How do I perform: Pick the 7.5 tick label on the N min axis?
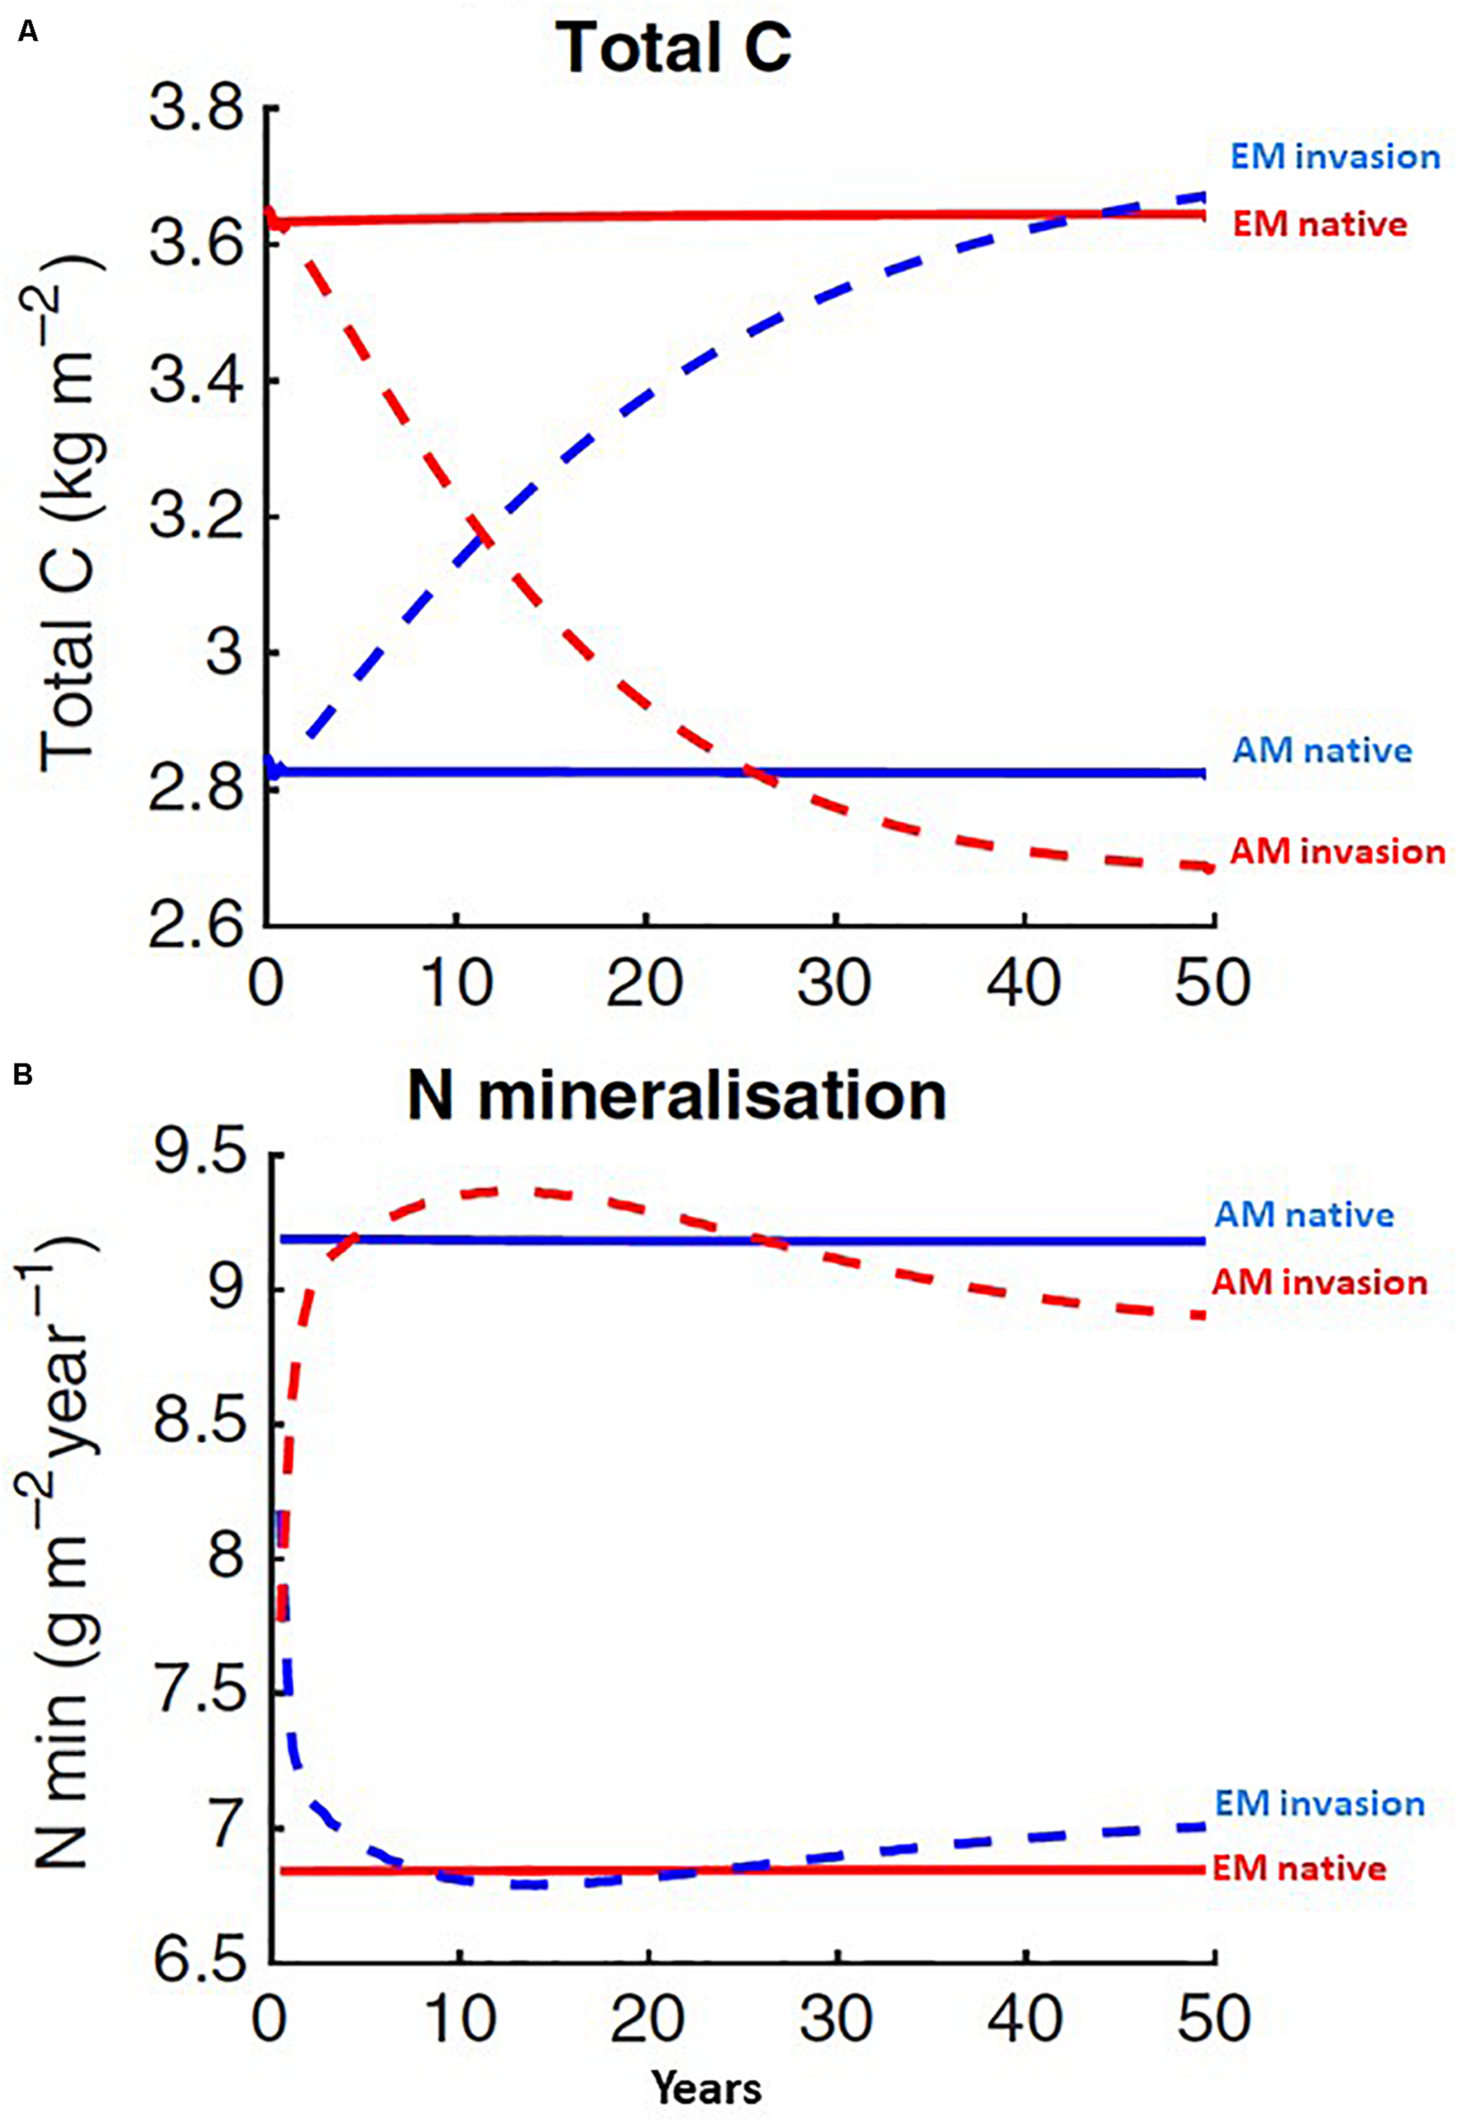201,1694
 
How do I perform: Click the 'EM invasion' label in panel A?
1334,157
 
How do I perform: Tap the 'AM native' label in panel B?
1304,1215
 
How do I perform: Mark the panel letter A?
28,32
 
